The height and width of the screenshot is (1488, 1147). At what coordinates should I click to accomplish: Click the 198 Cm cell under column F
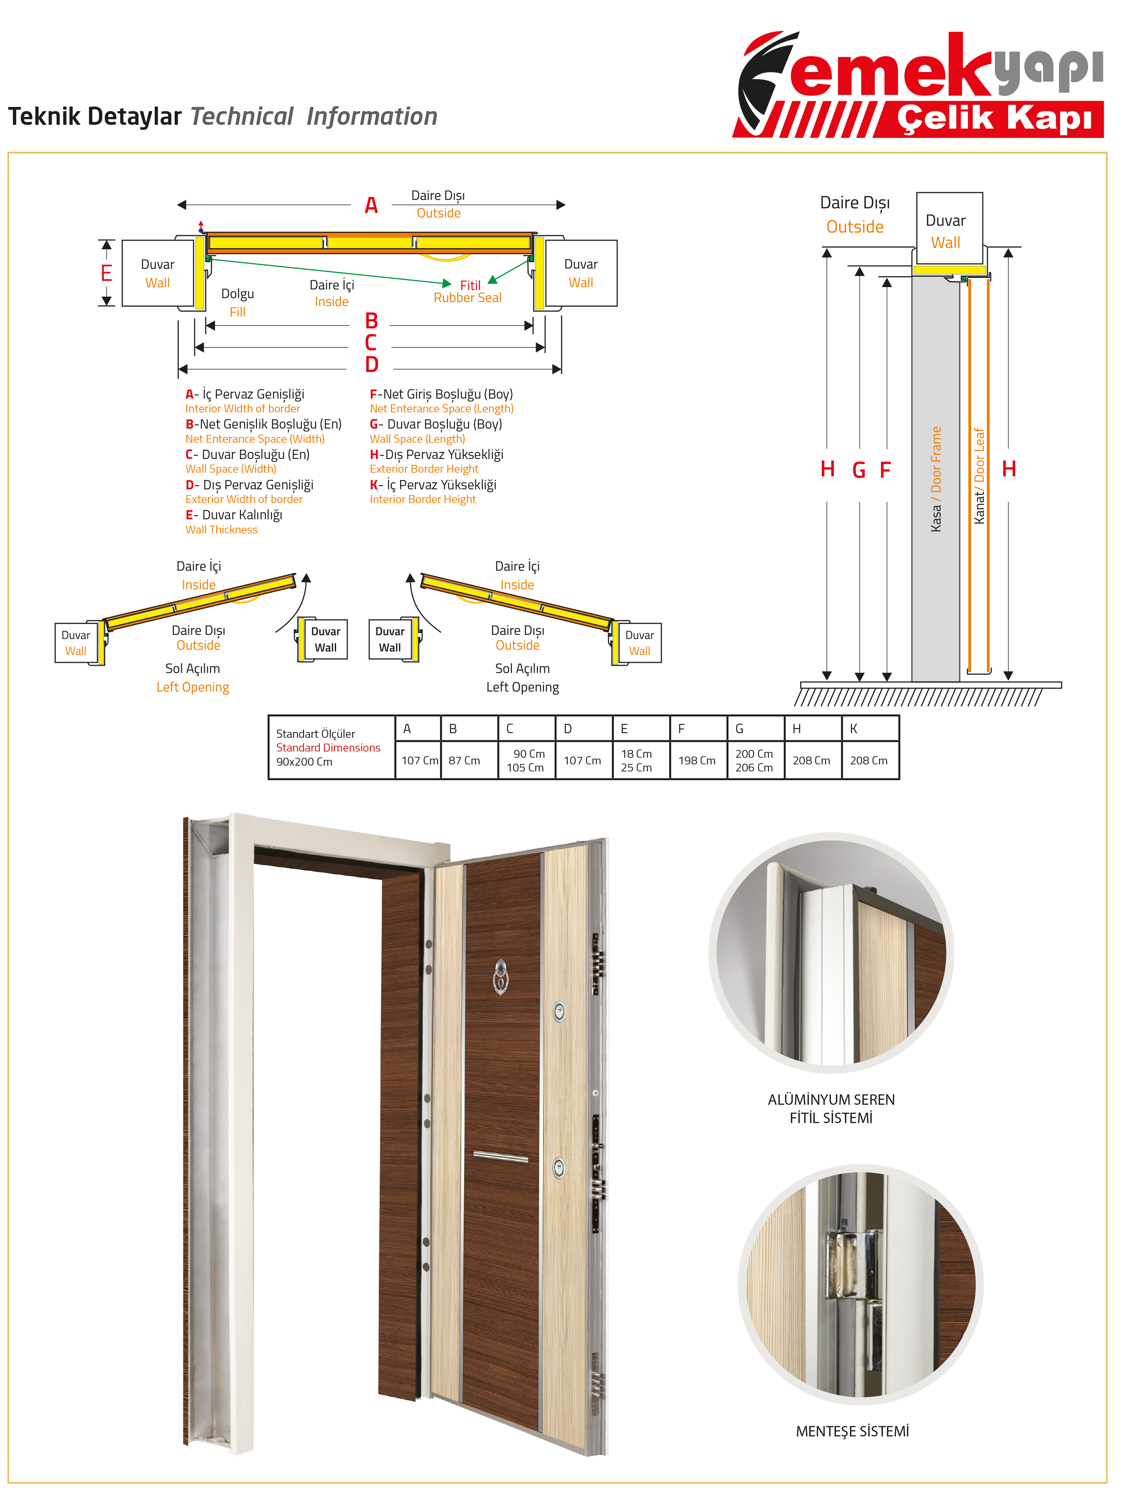(x=697, y=760)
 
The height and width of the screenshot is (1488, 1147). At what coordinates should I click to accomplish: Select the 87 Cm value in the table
(x=464, y=760)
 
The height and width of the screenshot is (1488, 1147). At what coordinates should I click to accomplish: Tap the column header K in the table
(x=853, y=728)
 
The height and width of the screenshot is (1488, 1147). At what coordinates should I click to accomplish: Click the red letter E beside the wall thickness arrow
(x=106, y=273)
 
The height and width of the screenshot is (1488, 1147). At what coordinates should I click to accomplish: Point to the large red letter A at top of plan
(x=371, y=205)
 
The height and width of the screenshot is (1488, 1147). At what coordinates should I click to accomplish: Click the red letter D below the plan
(x=371, y=365)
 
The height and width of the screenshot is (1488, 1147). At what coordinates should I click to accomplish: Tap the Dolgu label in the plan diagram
(x=237, y=294)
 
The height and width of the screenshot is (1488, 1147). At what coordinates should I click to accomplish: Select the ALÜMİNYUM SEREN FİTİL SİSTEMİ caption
(x=831, y=1109)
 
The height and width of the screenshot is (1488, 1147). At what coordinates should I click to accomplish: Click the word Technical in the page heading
(x=242, y=117)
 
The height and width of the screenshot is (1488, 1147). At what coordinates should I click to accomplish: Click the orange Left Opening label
(x=193, y=687)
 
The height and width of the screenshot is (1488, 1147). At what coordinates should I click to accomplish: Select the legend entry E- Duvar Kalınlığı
(x=234, y=515)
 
